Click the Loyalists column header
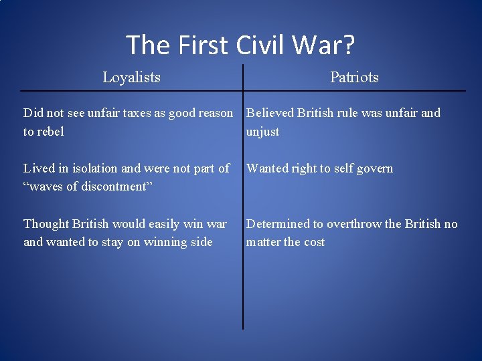tap(131, 78)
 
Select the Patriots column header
tap(354, 78)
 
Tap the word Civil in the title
tap(266, 45)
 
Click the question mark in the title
tap(348, 45)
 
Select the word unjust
tap(262, 132)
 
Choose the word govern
tap(373, 168)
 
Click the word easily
tap(162, 223)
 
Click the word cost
tap(313, 242)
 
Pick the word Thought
tap(47, 223)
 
